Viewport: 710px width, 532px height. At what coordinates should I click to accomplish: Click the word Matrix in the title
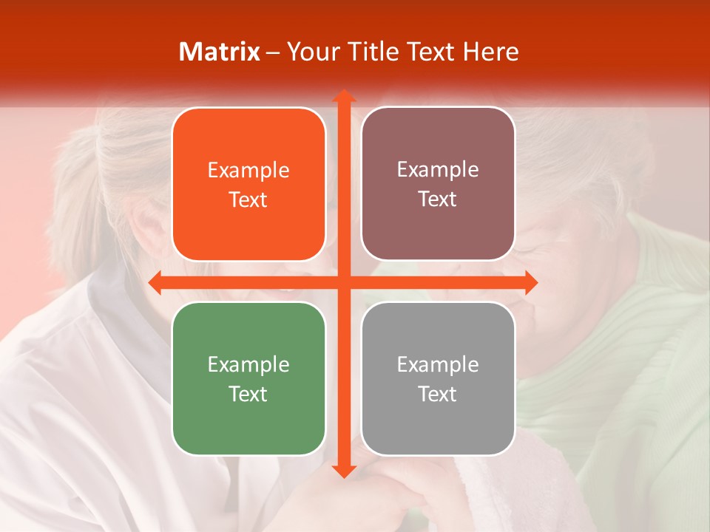coord(220,52)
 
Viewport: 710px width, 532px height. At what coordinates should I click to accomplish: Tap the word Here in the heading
coord(490,52)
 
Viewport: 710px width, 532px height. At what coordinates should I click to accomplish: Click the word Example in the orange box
coord(248,171)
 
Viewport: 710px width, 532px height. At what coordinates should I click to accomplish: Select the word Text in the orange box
coord(248,200)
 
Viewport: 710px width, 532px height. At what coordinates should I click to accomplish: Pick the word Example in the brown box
coord(438,170)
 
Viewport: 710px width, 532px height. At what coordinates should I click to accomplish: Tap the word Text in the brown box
coord(438,199)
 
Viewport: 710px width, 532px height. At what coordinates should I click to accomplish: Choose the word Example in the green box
coord(248,365)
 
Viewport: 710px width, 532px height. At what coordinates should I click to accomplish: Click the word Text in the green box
coord(248,395)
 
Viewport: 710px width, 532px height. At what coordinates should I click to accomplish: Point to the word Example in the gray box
coord(438,365)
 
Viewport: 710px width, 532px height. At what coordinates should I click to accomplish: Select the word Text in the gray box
coord(438,395)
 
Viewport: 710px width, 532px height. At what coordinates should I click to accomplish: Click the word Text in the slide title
coord(430,52)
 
